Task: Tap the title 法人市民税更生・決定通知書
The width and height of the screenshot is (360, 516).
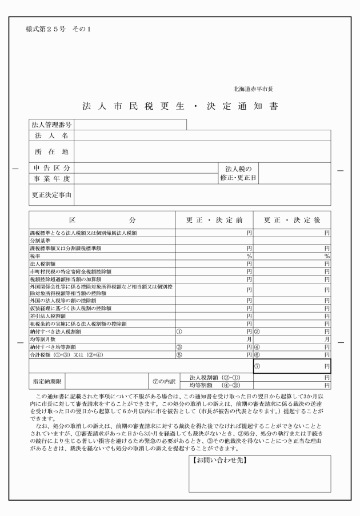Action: [180, 107]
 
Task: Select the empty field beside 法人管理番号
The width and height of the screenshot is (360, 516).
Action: [130, 125]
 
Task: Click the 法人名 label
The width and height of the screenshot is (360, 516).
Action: [51, 135]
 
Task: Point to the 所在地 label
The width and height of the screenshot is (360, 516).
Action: [51, 151]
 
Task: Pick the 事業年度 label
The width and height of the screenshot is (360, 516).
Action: [51, 178]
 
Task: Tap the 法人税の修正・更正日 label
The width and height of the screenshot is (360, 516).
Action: [238, 173]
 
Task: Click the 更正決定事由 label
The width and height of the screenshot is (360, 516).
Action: [51, 195]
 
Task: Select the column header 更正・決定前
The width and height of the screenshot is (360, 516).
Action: [214, 221]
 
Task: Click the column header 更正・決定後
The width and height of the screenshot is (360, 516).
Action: [292, 221]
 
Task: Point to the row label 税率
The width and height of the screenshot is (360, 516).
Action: [36, 257]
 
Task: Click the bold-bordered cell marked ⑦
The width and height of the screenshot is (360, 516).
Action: [292, 366]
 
